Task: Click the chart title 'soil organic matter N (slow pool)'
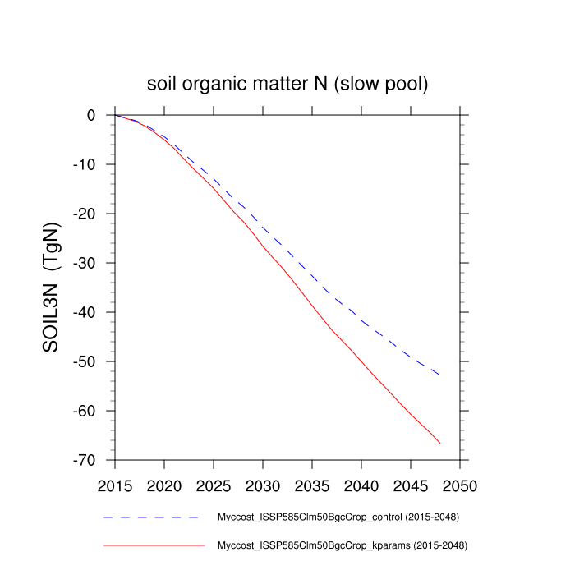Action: point(287,84)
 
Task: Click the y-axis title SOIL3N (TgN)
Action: point(51,287)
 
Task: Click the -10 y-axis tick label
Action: point(86,165)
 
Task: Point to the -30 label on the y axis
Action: point(86,264)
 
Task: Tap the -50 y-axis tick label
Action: point(86,362)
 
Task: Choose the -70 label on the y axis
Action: point(86,461)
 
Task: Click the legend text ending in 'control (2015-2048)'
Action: point(338,518)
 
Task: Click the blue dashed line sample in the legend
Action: point(153,518)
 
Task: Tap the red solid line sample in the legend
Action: point(153,545)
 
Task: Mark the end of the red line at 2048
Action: point(440,444)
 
